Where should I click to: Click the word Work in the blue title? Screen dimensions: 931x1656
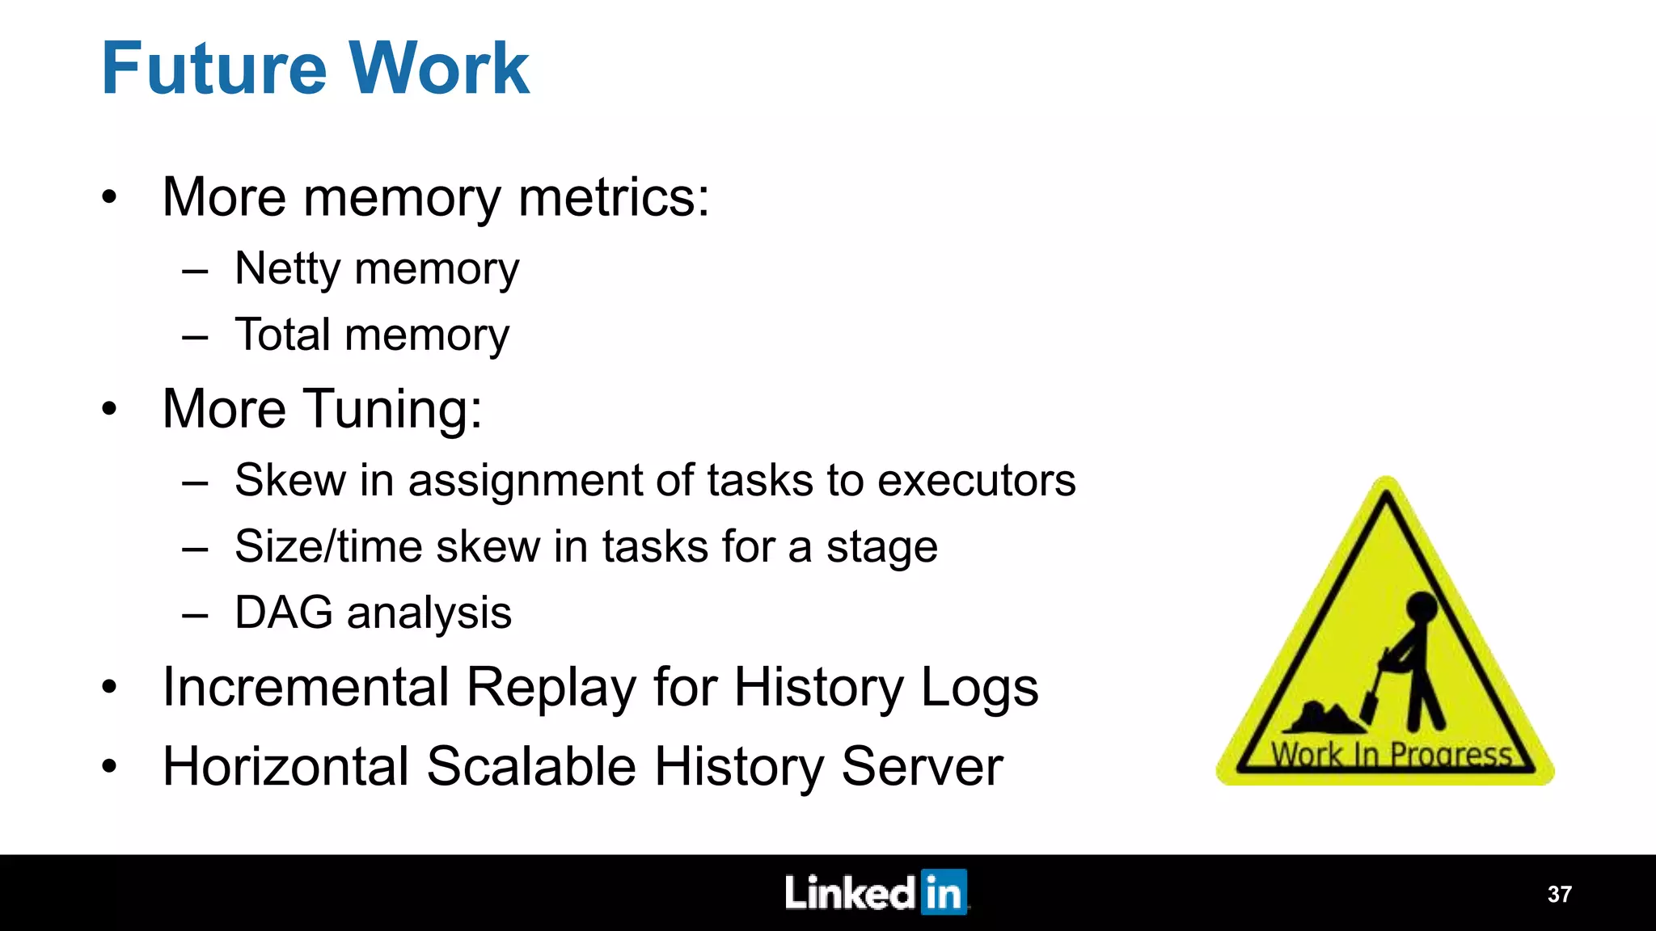click(x=438, y=69)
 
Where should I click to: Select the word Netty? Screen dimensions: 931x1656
click(x=287, y=269)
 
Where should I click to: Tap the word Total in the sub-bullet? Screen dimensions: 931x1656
click(x=282, y=335)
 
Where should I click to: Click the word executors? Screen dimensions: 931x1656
click(x=977, y=480)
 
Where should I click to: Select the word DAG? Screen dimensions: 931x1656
click(x=283, y=613)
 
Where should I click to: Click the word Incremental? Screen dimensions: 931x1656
click(x=306, y=688)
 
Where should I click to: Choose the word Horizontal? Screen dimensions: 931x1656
click(x=286, y=766)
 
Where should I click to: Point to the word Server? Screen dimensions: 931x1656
click(x=922, y=766)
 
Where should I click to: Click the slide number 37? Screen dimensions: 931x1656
click(x=1559, y=895)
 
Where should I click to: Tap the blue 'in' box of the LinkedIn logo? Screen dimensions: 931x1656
click(x=944, y=892)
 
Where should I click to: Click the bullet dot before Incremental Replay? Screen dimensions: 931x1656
click(x=109, y=688)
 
